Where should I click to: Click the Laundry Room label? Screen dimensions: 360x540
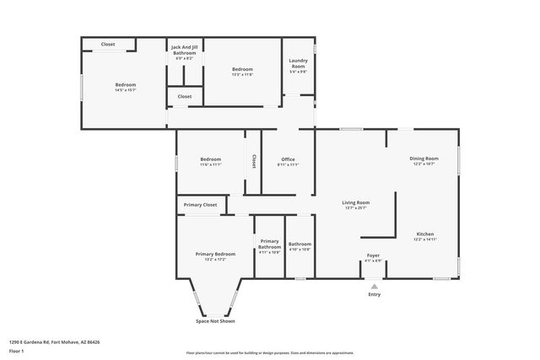point(298,62)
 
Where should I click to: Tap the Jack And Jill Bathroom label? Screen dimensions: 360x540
point(184,50)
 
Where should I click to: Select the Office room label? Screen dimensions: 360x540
point(288,159)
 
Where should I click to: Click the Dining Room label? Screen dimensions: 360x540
point(424,159)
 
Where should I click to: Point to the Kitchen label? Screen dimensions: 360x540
point(425,234)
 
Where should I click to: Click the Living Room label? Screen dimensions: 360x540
point(355,202)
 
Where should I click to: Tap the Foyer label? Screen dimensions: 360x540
point(373,255)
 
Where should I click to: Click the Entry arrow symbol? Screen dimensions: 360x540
point(374,286)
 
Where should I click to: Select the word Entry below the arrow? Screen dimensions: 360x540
point(374,294)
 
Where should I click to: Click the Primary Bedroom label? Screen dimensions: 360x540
point(215,254)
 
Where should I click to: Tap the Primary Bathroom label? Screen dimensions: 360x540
point(270,244)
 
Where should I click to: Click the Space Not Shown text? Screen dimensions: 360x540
point(215,320)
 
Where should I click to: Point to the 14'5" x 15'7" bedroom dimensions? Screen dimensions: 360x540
point(126,90)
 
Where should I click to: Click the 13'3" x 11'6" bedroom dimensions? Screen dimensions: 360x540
point(242,74)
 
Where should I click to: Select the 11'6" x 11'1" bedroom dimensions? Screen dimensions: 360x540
point(210,165)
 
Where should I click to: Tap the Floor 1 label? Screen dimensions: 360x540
point(17,351)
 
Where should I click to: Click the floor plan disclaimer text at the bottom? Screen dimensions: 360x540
point(270,352)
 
